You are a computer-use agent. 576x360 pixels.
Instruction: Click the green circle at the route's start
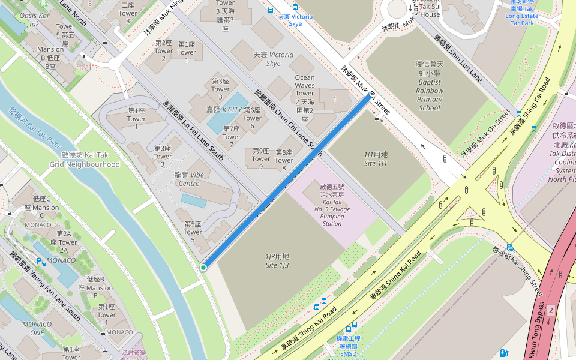tap(203, 268)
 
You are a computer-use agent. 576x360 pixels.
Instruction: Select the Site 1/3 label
tap(277, 260)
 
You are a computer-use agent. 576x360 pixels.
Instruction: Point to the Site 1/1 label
tap(376, 159)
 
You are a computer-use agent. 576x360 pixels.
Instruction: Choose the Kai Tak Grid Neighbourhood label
tap(85, 160)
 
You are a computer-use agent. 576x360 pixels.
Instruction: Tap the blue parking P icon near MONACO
tap(40, 262)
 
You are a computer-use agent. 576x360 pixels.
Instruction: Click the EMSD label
tap(348, 354)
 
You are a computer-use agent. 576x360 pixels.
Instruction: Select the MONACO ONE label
tap(41, 328)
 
